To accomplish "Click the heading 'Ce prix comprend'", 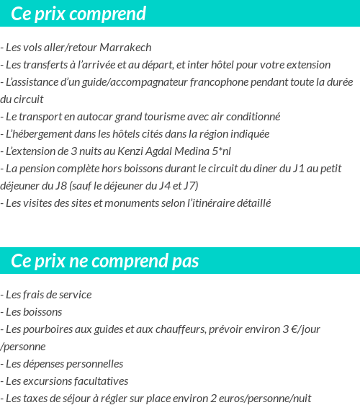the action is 78,14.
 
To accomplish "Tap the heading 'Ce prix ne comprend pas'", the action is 105,260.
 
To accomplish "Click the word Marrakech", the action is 126,48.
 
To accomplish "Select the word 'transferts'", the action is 47,65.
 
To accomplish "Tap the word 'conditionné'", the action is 253,116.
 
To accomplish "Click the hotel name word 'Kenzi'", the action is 132,151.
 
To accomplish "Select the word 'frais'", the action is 34,295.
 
